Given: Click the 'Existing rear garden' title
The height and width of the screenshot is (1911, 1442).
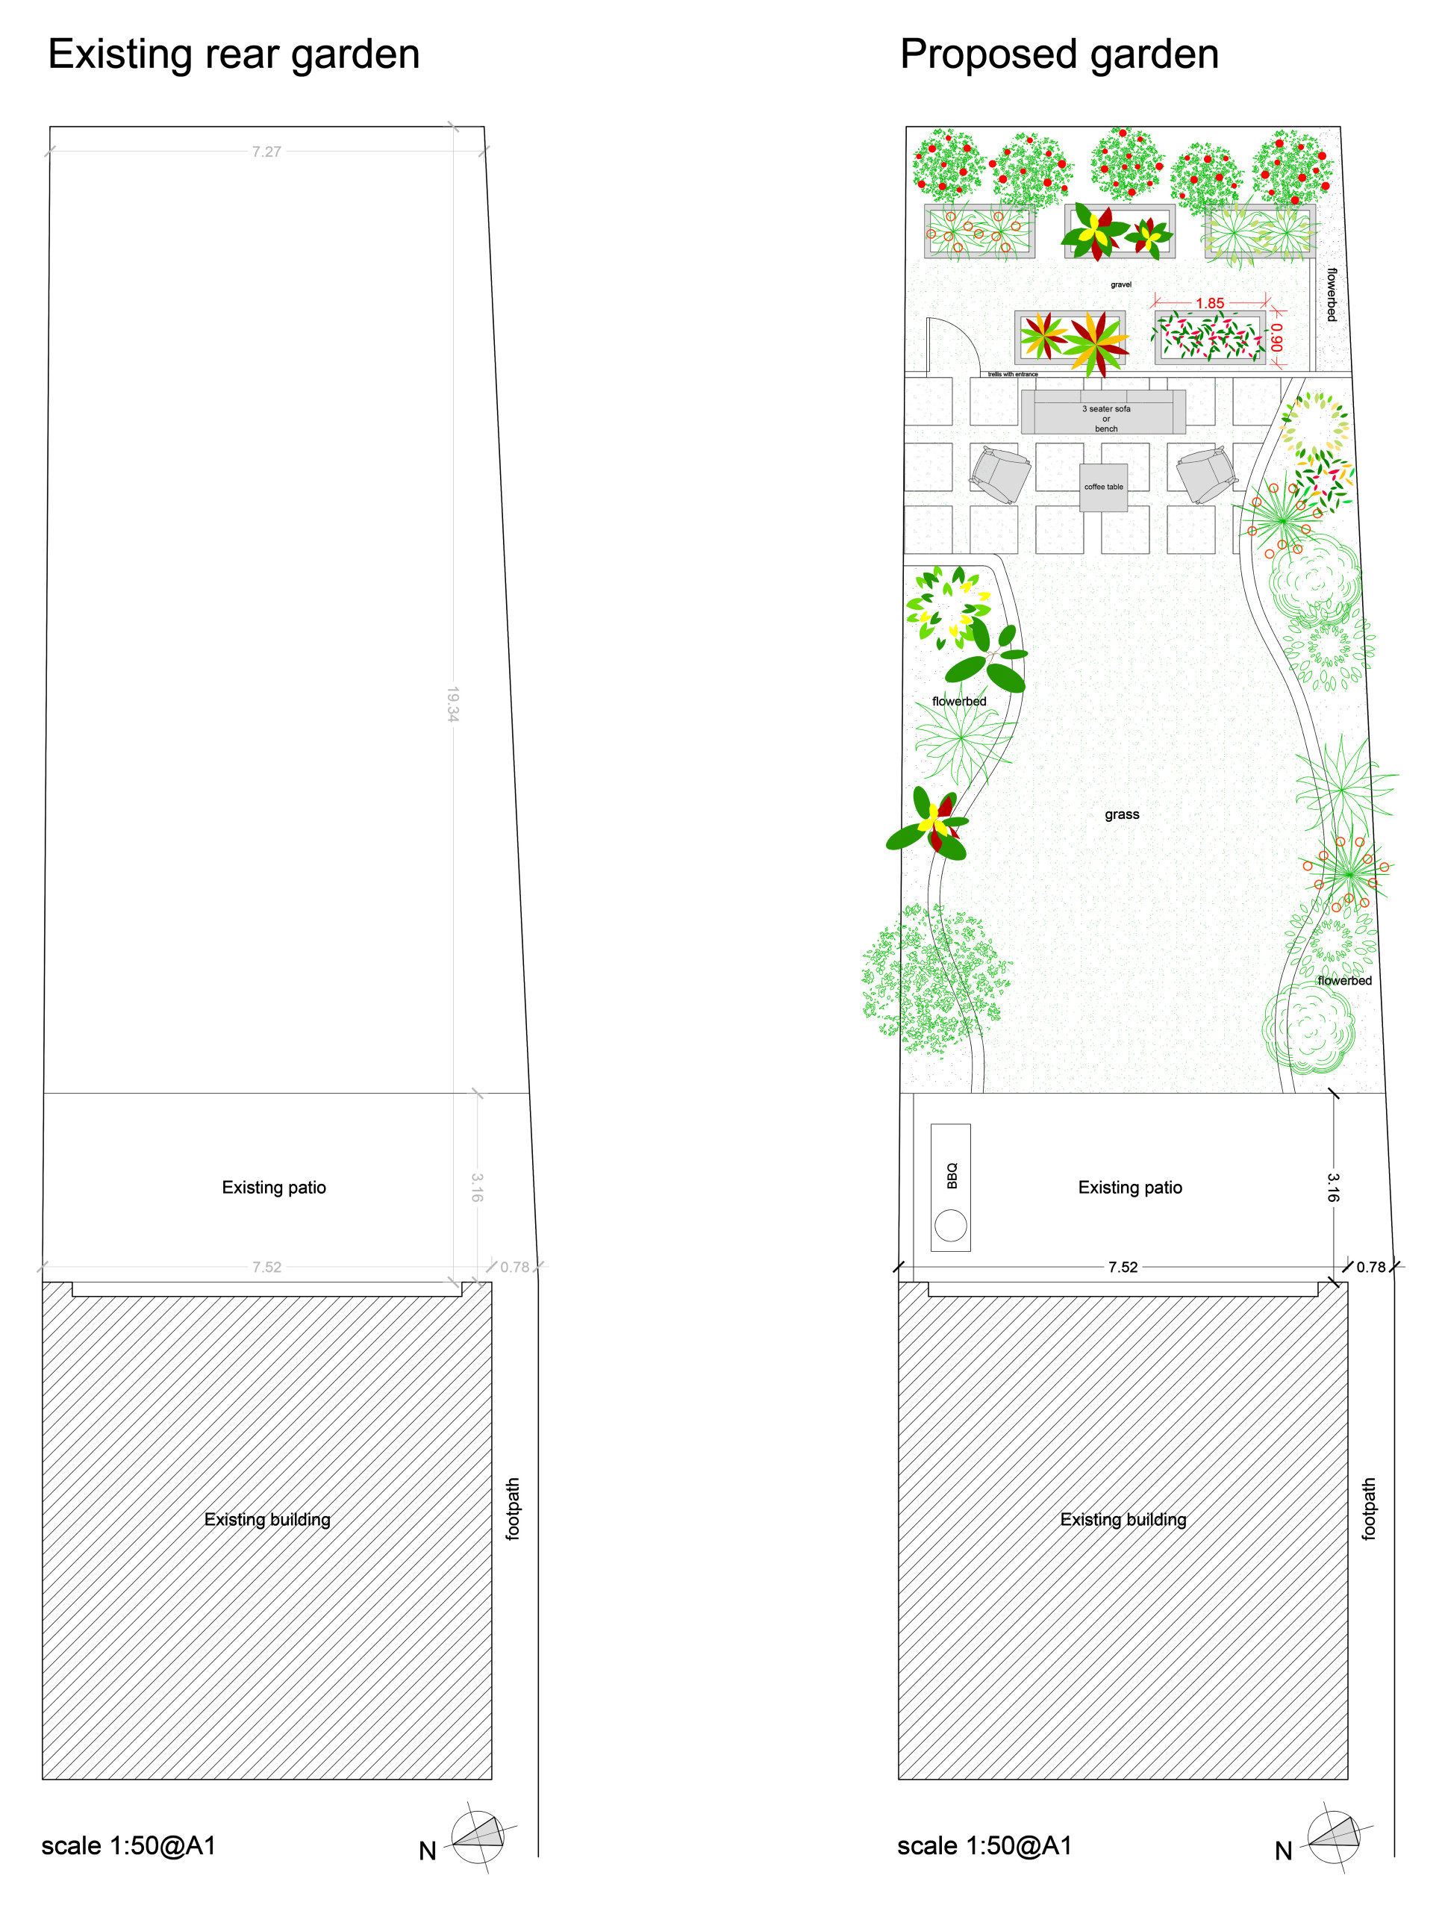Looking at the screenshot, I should tap(234, 54).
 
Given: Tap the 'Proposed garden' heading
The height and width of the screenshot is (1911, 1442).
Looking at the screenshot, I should tap(1058, 54).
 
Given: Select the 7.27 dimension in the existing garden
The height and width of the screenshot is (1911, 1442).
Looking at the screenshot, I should tap(266, 152).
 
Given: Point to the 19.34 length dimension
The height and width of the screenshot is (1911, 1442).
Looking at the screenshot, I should tap(453, 704).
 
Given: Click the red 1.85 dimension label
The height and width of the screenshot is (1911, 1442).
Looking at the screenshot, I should tap(1210, 303).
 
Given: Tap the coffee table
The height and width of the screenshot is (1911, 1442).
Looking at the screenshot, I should tap(1103, 487).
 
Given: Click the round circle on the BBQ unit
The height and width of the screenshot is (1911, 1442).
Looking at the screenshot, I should tap(950, 1225).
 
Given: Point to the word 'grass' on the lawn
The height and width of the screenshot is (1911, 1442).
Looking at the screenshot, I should tap(1122, 814).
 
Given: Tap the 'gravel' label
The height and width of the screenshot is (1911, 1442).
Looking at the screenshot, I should tap(1120, 284).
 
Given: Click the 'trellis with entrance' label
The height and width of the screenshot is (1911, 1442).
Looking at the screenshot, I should tap(1013, 374).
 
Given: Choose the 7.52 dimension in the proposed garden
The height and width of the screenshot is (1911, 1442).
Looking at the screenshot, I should tap(1123, 1268).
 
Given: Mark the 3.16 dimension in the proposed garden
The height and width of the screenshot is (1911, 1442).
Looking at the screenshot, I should tap(1333, 1187).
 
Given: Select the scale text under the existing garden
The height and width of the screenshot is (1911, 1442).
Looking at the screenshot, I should tap(128, 1846).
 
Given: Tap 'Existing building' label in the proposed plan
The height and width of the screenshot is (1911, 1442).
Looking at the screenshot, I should tap(1123, 1520).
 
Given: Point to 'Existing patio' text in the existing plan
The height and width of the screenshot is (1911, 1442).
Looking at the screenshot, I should tap(274, 1188).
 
